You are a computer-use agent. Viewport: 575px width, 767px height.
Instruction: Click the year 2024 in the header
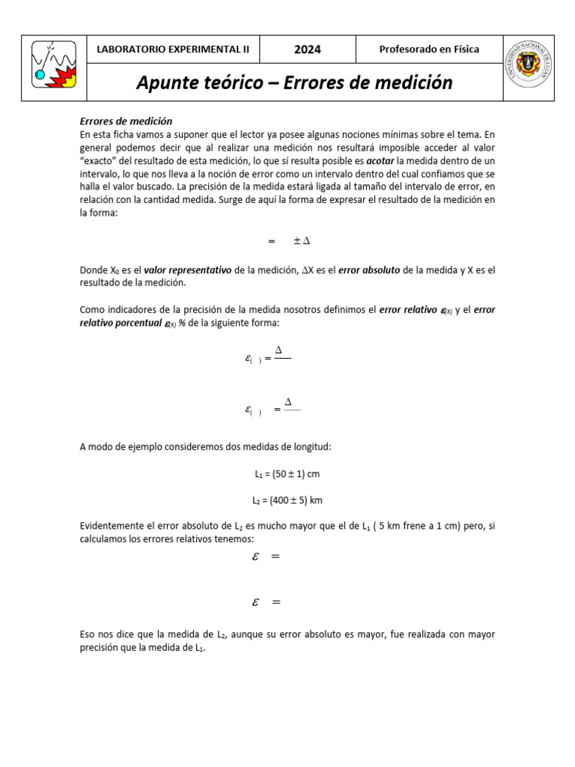coord(307,50)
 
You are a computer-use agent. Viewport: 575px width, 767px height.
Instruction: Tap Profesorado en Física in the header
coord(429,50)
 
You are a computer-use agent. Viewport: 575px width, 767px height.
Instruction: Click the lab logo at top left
coord(55,67)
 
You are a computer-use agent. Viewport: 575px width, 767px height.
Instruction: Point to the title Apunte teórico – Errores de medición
coord(294,82)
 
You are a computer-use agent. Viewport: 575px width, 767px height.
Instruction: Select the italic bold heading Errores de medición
coord(126,121)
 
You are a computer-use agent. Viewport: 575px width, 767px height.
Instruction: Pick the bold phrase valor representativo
coord(187,270)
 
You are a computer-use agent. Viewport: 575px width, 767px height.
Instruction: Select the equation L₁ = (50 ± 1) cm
coord(287,474)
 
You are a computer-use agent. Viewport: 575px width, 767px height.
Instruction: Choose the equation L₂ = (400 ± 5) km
coord(287,500)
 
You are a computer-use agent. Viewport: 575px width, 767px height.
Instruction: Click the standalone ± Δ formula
coord(302,241)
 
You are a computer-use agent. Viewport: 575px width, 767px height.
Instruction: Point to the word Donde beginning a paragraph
coord(93,270)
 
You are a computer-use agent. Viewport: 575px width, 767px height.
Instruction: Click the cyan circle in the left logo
coord(40,74)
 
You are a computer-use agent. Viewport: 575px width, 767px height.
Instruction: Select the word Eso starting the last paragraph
coord(87,634)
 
